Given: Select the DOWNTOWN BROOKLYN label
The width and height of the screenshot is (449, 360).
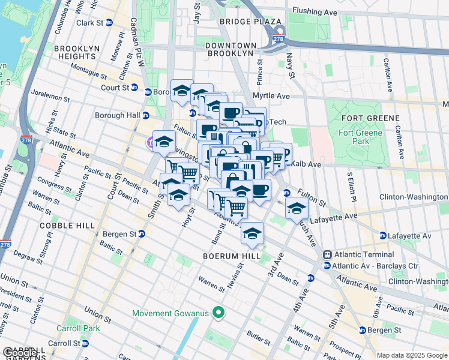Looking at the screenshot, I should point(230,49).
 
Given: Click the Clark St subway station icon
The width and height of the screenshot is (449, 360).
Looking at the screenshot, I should point(109,23).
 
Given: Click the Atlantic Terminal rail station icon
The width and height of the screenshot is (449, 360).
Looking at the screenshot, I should point(328,254).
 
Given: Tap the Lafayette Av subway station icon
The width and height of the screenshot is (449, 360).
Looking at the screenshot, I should point(382,236).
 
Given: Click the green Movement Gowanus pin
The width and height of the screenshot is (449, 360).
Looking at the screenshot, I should point(219,313).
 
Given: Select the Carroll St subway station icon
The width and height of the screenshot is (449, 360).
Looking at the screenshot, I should point(85,343).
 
